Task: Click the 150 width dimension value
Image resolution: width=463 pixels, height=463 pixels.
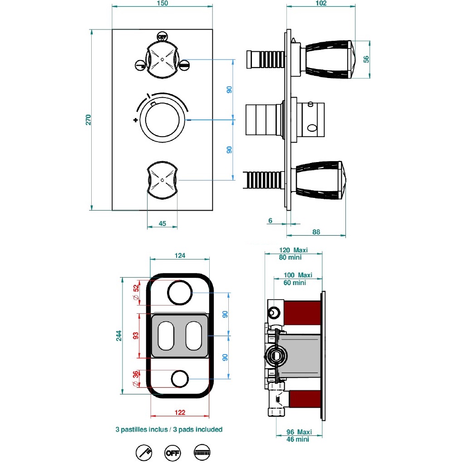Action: click(x=162, y=3)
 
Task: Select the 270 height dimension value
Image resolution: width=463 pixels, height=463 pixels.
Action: click(x=89, y=120)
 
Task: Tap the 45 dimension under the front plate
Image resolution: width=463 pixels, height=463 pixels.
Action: click(x=163, y=223)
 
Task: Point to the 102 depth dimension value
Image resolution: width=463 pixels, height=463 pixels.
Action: click(x=320, y=3)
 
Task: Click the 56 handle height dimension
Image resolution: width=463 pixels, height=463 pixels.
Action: click(x=367, y=59)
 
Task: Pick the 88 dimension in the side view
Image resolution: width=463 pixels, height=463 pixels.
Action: click(x=316, y=232)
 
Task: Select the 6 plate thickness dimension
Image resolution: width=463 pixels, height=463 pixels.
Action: click(x=270, y=221)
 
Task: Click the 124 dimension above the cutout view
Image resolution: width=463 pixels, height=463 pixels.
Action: click(x=180, y=256)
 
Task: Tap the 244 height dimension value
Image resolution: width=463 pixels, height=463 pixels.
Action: click(x=119, y=335)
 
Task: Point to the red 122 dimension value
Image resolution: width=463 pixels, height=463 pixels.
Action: click(x=180, y=413)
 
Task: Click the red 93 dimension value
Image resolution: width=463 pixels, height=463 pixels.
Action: click(x=135, y=336)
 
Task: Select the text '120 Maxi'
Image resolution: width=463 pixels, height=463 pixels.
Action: click(x=293, y=250)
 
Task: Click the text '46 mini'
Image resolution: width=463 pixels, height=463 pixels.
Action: click(x=299, y=439)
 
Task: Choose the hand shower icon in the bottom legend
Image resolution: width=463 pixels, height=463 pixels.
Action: click(x=144, y=452)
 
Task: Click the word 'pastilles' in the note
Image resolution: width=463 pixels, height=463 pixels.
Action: click(x=138, y=429)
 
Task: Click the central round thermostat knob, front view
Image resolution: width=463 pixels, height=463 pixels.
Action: click(x=162, y=120)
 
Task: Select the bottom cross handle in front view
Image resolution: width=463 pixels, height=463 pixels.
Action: click(x=162, y=180)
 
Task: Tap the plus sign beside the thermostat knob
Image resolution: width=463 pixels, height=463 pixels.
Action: click(x=135, y=120)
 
